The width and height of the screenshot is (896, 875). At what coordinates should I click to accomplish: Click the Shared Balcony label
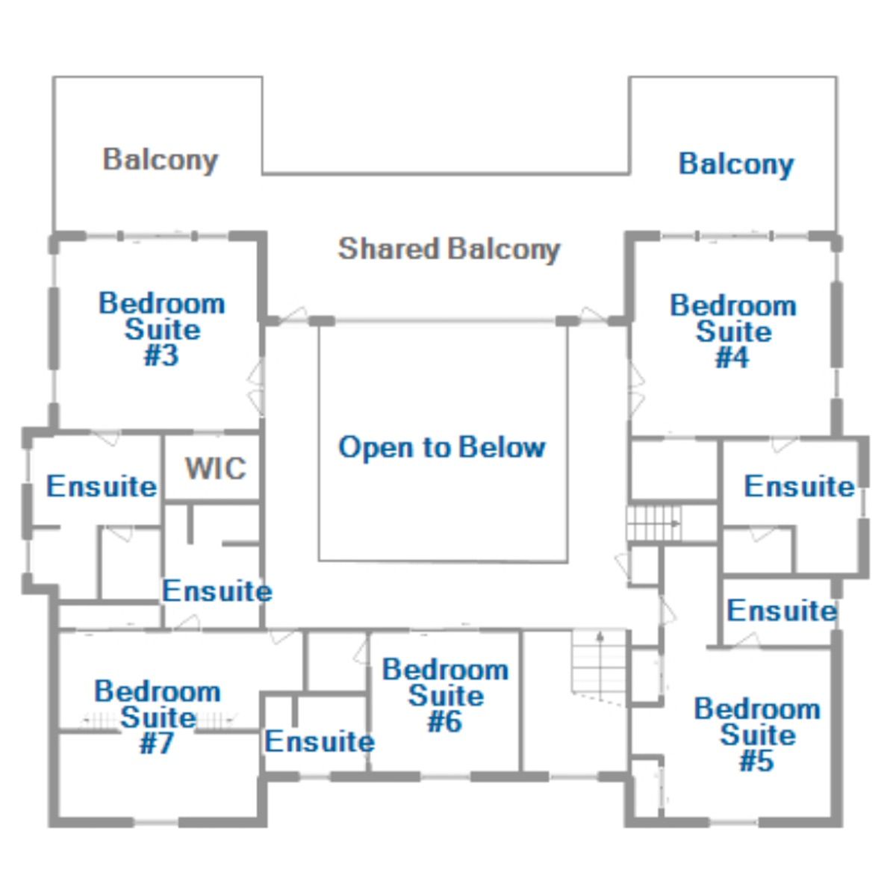(449, 250)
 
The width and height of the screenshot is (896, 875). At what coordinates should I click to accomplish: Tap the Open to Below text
(442, 447)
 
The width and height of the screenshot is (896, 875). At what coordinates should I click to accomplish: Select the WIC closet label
(216, 469)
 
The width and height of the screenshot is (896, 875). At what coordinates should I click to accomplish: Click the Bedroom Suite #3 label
(162, 329)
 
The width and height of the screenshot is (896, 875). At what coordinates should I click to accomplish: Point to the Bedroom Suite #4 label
(733, 331)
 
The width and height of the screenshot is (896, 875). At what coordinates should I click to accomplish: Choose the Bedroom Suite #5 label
(757, 734)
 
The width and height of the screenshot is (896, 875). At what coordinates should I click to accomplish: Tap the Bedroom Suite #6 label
(445, 695)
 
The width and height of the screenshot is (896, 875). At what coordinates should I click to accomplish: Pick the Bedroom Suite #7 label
(158, 717)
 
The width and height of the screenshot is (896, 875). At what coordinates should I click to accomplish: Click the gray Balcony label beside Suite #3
(161, 161)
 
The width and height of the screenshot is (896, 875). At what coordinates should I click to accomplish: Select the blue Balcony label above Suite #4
(736, 164)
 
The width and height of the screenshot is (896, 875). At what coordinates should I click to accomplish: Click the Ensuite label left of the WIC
(102, 486)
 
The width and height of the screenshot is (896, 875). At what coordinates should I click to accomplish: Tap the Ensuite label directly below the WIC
(217, 591)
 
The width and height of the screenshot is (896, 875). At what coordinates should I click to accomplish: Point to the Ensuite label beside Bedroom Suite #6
(320, 741)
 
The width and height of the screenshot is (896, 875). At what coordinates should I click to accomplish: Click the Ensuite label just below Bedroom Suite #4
(800, 486)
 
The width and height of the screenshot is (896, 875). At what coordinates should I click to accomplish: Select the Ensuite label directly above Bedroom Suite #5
(782, 611)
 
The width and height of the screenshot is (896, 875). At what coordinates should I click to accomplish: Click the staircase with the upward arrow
(600, 667)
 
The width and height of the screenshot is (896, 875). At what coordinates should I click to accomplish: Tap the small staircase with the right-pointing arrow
(653, 523)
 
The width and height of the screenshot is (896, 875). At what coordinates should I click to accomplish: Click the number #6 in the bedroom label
(445, 721)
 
